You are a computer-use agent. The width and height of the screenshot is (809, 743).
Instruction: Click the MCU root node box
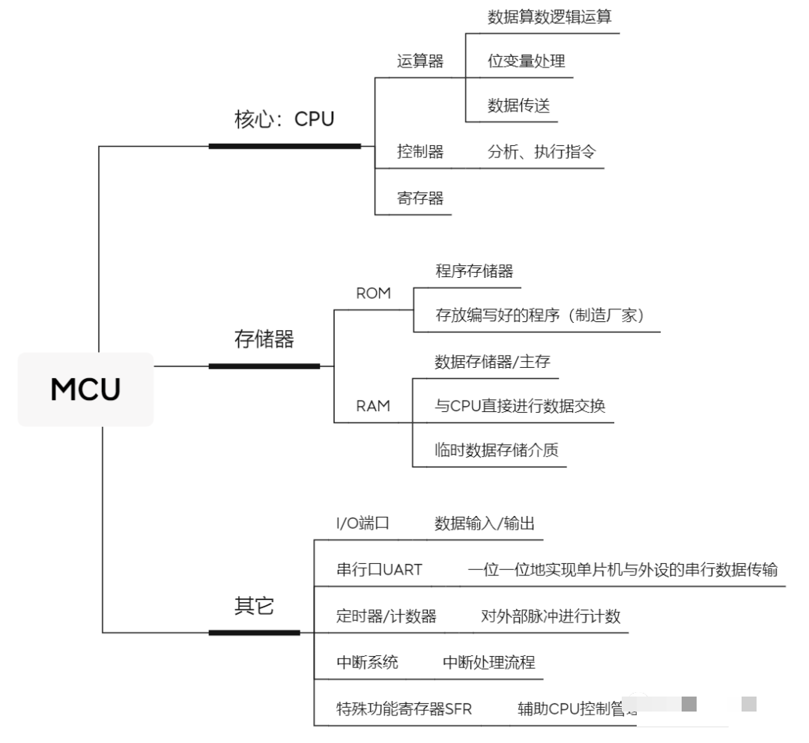(x=85, y=389)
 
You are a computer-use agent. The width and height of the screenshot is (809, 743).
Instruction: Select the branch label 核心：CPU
(x=284, y=119)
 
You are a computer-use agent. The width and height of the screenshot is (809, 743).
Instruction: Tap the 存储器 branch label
(x=264, y=339)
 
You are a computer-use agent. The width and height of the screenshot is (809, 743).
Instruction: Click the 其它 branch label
(x=254, y=607)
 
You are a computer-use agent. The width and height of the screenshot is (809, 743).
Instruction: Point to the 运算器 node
(x=419, y=61)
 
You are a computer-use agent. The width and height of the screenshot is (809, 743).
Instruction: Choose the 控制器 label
(x=419, y=152)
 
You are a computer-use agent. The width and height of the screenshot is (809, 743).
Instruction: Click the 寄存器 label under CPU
(x=419, y=198)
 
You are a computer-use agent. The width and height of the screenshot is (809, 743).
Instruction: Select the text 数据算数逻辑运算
(x=549, y=16)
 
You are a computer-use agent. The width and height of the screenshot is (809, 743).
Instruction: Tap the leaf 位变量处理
(x=515, y=61)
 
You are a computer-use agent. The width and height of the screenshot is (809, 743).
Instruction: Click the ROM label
(x=373, y=293)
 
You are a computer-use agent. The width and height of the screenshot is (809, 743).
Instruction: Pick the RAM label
(x=372, y=406)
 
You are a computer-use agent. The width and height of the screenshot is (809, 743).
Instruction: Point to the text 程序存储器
(x=474, y=270)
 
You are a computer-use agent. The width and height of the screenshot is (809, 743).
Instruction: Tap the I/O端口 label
(x=362, y=524)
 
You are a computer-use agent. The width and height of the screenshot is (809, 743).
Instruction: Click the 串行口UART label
(x=379, y=570)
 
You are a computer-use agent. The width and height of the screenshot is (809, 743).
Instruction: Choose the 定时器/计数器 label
(x=386, y=616)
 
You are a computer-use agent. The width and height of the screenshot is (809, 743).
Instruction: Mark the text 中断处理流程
(x=488, y=662)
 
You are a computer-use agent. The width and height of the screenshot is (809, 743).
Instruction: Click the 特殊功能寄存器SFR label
(x=404, y=709)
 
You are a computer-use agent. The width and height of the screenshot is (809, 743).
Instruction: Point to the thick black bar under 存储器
(x=264, y=366)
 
